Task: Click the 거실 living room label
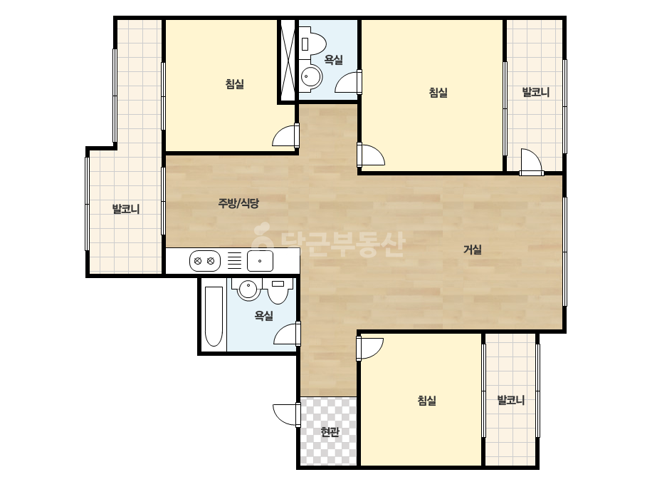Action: tap(472, 250)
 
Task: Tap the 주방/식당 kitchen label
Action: tap(238, 204)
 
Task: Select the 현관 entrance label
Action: tap(330, 431)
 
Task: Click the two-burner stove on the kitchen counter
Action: tap(205, 261)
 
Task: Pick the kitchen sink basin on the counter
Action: tap(261, 261)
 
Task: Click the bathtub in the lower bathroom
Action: tap(214, 317)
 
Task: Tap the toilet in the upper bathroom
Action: tap(313, 41)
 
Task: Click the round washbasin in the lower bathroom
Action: tap(248, 289)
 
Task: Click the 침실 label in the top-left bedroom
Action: tap(235, 84)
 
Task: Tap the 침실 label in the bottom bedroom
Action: tap(427, 401)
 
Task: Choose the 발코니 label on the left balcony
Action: tap(126, 209)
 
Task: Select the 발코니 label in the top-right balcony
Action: tap(536, 93)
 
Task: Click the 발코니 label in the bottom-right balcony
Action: tap(511, 400)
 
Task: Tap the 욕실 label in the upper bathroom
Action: tap(334, 60)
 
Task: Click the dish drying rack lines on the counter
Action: tap(234, 260)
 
